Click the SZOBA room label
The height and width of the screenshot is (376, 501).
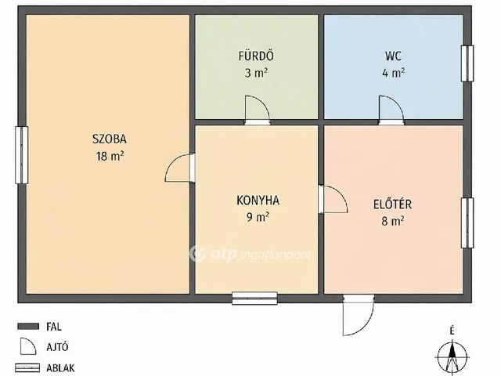(x=110, y=139)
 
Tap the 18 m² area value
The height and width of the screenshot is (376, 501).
(x=110, y=156)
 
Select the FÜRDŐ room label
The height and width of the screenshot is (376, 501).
(x=256, y=56)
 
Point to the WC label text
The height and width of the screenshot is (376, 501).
(x=393, y=56)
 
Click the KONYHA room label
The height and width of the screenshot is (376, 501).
(x=258, y=201)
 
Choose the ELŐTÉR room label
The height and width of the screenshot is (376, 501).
(x=392, y=204)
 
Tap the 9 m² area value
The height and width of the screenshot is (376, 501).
(x=258, y=217)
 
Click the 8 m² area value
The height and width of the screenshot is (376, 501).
(x=393, y=221)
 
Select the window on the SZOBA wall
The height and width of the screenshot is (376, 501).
(x=21, y=155)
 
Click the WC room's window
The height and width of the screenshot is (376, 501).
(x=467, y=63)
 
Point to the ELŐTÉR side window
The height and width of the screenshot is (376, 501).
(x=467, y=222)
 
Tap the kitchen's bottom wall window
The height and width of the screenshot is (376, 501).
(x=254, y=298)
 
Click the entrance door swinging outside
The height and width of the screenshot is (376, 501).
(x=359, y=315)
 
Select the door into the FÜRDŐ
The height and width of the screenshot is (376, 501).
(x=258, y=110)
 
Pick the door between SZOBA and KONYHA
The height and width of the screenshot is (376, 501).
(x=180, y=168)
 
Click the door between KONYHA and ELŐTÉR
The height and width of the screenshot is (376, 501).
(x=333, y=199)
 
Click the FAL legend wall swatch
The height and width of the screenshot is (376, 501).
(x=28, y=327)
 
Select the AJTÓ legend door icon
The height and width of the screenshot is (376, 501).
(x=28, y=346)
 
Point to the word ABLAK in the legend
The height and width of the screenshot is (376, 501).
(x=60, y=367)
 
